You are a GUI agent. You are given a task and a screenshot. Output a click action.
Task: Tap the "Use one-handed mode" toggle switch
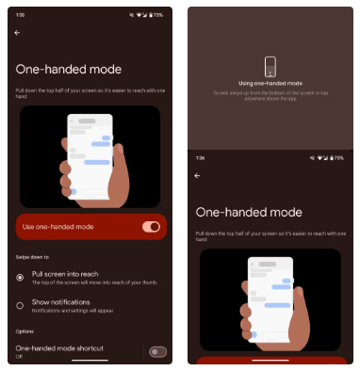(150, 227)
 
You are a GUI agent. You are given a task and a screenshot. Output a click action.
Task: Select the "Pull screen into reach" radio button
(21, 277)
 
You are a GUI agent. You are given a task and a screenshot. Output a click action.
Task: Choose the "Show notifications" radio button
(21, 304)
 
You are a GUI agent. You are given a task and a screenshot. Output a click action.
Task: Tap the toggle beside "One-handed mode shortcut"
(157, 351)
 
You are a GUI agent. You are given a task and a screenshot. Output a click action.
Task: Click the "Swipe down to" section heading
(32, 255)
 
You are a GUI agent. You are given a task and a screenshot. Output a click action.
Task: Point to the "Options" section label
(25, 331)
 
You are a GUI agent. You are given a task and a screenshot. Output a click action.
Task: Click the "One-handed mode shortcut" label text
(58, 347)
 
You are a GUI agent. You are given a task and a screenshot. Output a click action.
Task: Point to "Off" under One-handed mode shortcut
(20, 356)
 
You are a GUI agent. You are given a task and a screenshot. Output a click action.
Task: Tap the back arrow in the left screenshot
(18, 32)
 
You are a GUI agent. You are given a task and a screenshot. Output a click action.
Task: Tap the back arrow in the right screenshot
(197, 175)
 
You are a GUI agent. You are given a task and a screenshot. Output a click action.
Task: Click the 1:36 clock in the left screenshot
(20, 15)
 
